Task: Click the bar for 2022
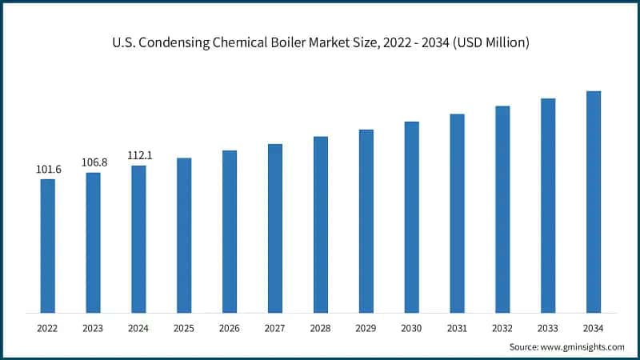click(x=48, y=246)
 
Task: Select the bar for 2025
click(x=184, y=235)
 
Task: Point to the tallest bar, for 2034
click(x=594, y=202)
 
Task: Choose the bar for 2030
click(x=411, y=217)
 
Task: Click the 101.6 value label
click(x=48, y=170)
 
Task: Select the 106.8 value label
click(x=94, y=162)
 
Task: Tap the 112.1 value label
click(x=138, y=155)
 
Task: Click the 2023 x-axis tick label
click(x=94, y=328)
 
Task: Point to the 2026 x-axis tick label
click(x=230, y=328)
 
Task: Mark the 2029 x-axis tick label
click(x=366, y=328)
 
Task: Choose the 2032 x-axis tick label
click(x=502, y=328)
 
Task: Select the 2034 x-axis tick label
click(x=594, y=328)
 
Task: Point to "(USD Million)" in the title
click(x=488, y=43)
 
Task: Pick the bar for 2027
click(x=275, y=228)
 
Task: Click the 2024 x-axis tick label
click(x=138, y=328)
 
